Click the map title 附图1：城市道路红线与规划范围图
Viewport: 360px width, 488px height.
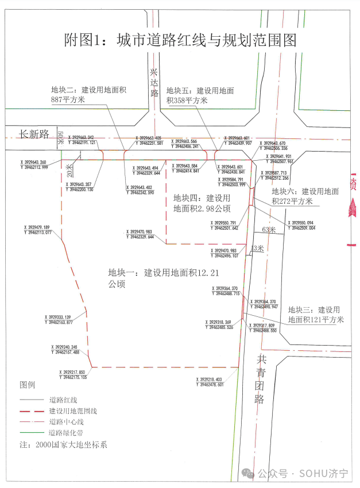180,40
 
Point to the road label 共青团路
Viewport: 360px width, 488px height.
262,378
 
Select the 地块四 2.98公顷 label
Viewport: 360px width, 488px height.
202,203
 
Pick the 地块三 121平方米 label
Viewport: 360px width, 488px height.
315,315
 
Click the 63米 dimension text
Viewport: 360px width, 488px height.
269,230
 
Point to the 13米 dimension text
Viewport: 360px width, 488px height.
257,248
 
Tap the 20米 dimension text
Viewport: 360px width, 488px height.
69,169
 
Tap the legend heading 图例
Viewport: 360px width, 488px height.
28,384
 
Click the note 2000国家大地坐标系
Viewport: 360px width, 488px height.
63,445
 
